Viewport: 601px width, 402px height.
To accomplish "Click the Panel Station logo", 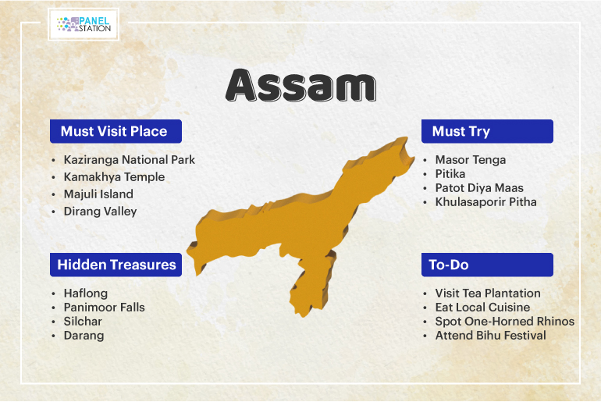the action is coord(84,24).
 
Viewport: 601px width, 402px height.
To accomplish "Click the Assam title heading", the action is coord(301,85).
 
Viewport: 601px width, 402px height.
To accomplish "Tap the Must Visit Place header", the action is coord(116,131).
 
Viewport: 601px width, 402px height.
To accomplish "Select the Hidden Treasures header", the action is coord(116,265).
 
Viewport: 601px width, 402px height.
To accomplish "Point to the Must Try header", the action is coord(487,131).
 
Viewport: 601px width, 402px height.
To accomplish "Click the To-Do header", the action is coord(487,265).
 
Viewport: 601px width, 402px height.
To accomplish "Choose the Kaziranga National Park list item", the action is coord(129,160).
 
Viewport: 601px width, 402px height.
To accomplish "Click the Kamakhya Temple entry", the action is coord(114,177).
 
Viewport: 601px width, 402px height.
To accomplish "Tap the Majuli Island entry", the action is coord(98,194).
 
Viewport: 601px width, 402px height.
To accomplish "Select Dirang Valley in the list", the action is coord(100,212).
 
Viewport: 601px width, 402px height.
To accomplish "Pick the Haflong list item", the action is coord(86,293).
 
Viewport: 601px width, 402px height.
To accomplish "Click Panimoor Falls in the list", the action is coord(105,308).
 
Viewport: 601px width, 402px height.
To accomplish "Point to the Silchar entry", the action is coord(83,321).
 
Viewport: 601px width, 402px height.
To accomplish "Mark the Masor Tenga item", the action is coord(471,160).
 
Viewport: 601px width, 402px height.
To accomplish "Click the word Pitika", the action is coord(450,174).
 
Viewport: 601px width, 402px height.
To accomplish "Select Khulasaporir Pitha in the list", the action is coord(485,202).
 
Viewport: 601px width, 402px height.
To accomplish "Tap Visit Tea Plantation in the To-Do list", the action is coord(488,293).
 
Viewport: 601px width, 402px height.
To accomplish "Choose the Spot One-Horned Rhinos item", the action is coord(505,321).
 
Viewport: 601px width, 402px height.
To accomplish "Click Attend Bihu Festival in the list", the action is coord(490,336).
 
